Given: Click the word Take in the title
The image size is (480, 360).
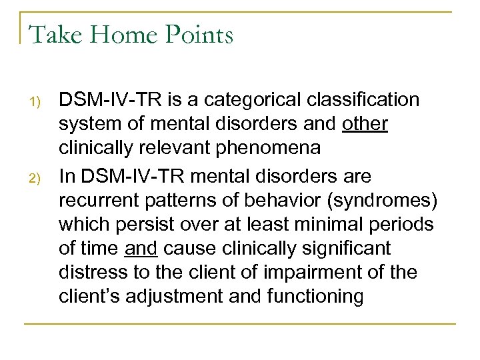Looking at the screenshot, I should tap(52, 34).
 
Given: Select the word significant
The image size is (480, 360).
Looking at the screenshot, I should tap(345, 249).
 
